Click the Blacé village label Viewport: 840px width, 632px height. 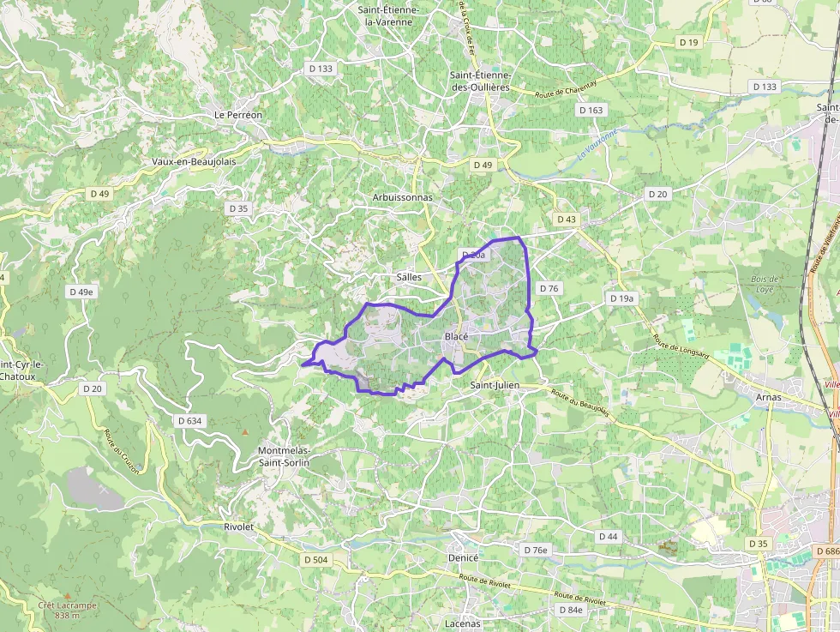pos(456,337)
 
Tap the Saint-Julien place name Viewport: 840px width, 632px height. pos(495,386)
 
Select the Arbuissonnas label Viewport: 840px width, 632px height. pos(402,197)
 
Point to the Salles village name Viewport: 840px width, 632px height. pos(409,278)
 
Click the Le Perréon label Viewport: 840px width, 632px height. pos(238,114)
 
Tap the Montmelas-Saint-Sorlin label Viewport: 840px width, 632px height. pos(285,456)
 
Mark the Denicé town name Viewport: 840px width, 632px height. pos(463,557)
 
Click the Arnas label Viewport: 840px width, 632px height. pos(769,397)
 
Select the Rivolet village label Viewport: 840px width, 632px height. pos(238,527)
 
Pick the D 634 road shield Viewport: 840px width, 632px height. pos(189,420)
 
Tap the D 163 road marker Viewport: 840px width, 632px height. pos(591,110)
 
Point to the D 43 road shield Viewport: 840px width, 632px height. pos(567,220)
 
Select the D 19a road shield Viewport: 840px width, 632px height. pos(622,298)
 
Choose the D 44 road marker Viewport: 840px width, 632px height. pos(608,536)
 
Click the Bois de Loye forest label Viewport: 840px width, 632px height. pos(764,284)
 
